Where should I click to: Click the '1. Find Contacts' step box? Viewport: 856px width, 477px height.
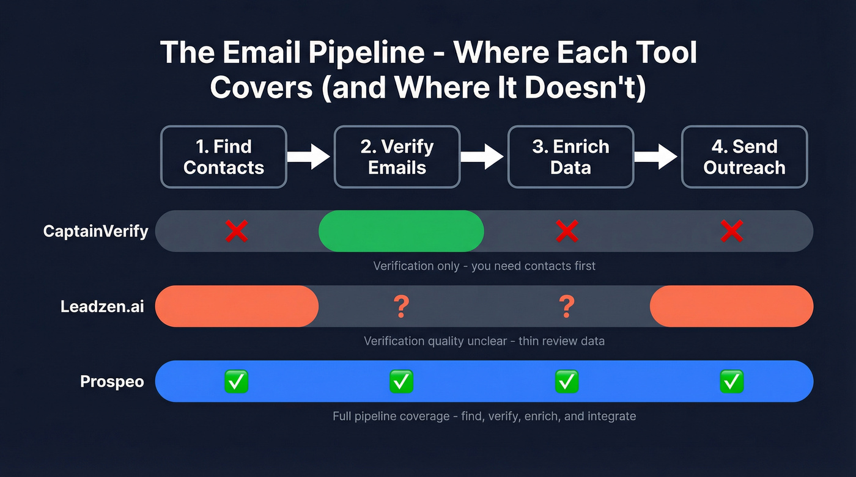click(224, 157)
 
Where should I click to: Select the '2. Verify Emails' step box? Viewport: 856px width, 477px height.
click(397, 157)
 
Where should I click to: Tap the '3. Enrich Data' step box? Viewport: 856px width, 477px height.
click(570, 157)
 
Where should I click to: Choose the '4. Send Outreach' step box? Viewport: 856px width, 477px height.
click(744, 157)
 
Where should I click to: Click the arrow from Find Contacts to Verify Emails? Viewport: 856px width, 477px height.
click(309, 157)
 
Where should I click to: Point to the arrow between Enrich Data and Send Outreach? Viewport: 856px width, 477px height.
click(656, 157)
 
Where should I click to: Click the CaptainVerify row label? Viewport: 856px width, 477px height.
click(96, 231)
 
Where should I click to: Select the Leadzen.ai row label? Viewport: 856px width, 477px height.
click(102, 307)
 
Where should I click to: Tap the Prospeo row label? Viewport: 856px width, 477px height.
click(112, 382)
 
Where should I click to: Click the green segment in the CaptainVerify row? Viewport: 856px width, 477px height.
click(401, 231)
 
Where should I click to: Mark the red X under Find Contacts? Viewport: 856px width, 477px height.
click(237, 231)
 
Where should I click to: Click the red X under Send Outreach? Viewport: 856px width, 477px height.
click(732, 231)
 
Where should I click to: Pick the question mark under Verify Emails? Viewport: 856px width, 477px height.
click(401, 307)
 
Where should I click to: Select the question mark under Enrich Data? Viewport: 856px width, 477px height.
click(567, 307)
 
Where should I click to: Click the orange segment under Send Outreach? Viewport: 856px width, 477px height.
click(731, 306)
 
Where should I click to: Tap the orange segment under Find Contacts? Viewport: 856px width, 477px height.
click(237, 306)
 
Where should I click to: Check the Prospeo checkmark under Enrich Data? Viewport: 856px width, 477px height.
click(567, 381)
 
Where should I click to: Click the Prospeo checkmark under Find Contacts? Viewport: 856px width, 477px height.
click(237, 381)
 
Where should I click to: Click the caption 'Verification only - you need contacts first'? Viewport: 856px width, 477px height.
click(484, 266)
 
